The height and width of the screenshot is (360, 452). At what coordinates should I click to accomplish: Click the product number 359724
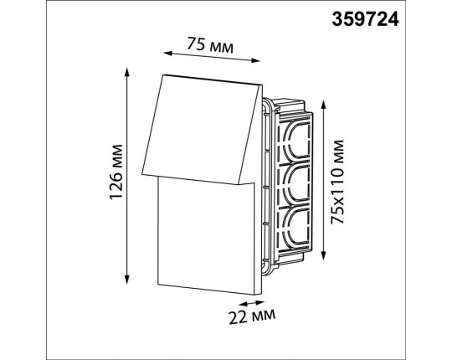pyautogui.click(x=365, y=20)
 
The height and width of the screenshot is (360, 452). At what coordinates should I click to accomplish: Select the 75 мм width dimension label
pyautogui.click(x=210, y=45)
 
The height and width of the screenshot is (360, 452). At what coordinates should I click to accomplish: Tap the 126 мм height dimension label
pyautogui.click(x=116, y=172)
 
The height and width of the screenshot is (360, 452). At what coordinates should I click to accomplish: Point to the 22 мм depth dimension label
pyautogui.click(x=252, y=316)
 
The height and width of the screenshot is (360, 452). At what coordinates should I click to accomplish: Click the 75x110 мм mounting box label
pyautogui.click(x=337, y=182)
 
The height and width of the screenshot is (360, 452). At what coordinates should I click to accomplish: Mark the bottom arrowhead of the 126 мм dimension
pyautogui.click(x=126, y=280)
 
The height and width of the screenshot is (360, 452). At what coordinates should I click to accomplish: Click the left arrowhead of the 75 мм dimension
pyautogui.click(x=167, y=53)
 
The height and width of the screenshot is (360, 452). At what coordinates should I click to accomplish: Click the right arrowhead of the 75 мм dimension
pyautogui.click(x=255, y=60)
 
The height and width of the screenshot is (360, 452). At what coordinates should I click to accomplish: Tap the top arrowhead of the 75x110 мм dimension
pyautogui.click(x=323, y=105)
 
